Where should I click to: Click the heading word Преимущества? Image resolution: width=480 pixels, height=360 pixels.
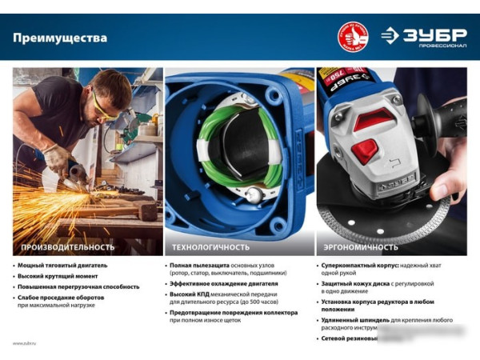(x=60, y=38)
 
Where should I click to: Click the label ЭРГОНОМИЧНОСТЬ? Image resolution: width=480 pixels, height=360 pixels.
(x=355, y=247)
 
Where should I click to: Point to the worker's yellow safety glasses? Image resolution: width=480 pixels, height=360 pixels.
(x=103, y=104)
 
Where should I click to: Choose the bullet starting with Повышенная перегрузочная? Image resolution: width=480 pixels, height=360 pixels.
(x=78, y=286)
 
